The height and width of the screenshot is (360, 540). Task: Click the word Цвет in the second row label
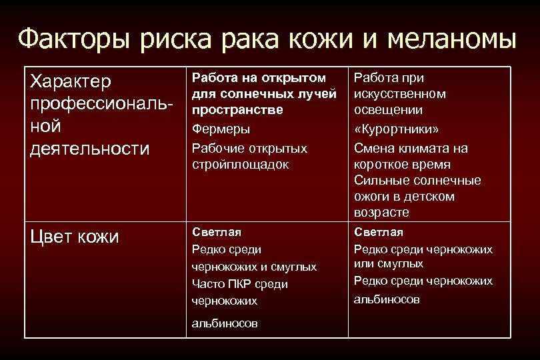pos(51,237)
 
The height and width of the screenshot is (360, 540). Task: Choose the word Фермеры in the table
pos(217,129)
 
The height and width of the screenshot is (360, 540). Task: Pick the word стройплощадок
pos(241,164)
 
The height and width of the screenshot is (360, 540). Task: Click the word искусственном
pos(400,94)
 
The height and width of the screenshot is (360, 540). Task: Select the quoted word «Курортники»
pos(397,129)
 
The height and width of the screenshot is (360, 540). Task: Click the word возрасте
pos(381,213)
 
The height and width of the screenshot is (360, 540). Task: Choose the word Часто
pos(207,284)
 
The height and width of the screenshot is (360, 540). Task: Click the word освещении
pos(387,109)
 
